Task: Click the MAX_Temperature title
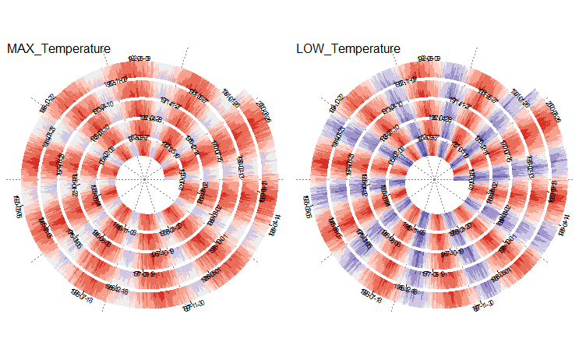tap(58, 49)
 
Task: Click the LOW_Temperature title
tap(348, 49)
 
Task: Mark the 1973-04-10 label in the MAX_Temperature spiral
tap(102, 106)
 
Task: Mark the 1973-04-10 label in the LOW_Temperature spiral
tap(392, 106)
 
